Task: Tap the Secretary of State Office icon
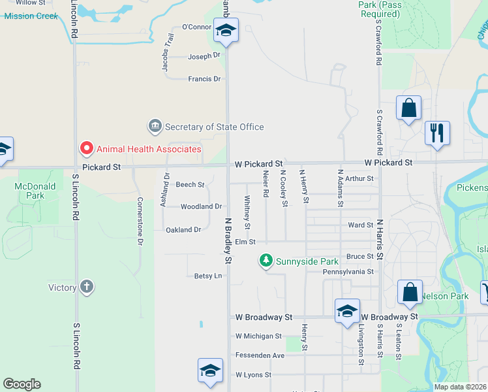[155, 125]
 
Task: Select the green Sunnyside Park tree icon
[266, 261]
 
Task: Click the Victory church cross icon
[87, 287]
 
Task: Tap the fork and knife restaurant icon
[436, 133]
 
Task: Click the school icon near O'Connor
[226, 30]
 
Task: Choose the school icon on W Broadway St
[347, 310]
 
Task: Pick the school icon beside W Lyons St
[210, 370]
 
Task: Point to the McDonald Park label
[30, 191]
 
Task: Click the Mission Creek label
[31, 16]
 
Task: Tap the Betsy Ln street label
[208, 276]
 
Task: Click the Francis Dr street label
[204, 79]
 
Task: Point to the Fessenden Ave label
[260, 355]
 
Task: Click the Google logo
[22, 384]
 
